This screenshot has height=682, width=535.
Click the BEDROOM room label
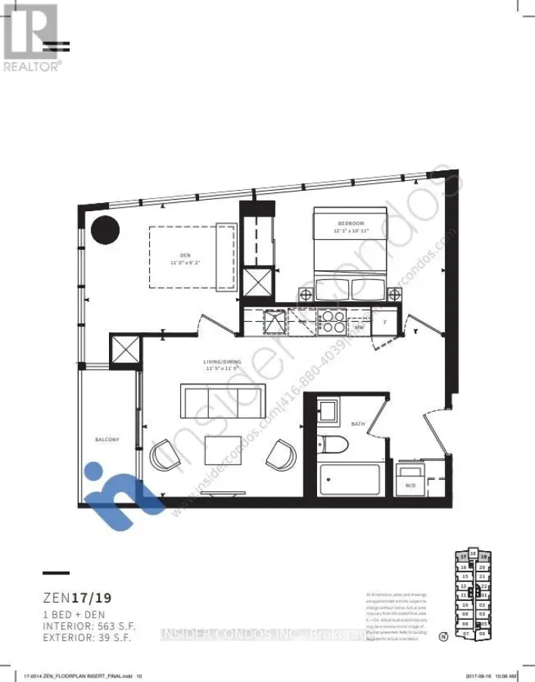[350, 223]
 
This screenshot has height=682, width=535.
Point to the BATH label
[359, 424]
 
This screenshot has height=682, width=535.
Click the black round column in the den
[105, 229]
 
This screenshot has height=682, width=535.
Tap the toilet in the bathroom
[334, 447]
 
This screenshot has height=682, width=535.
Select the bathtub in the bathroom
[349, 479]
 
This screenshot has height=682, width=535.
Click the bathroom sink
[329, 412]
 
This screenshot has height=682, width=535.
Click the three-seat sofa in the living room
[222, 399]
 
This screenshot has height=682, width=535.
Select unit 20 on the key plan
[482, 567]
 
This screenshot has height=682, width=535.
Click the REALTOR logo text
[33, 66]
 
